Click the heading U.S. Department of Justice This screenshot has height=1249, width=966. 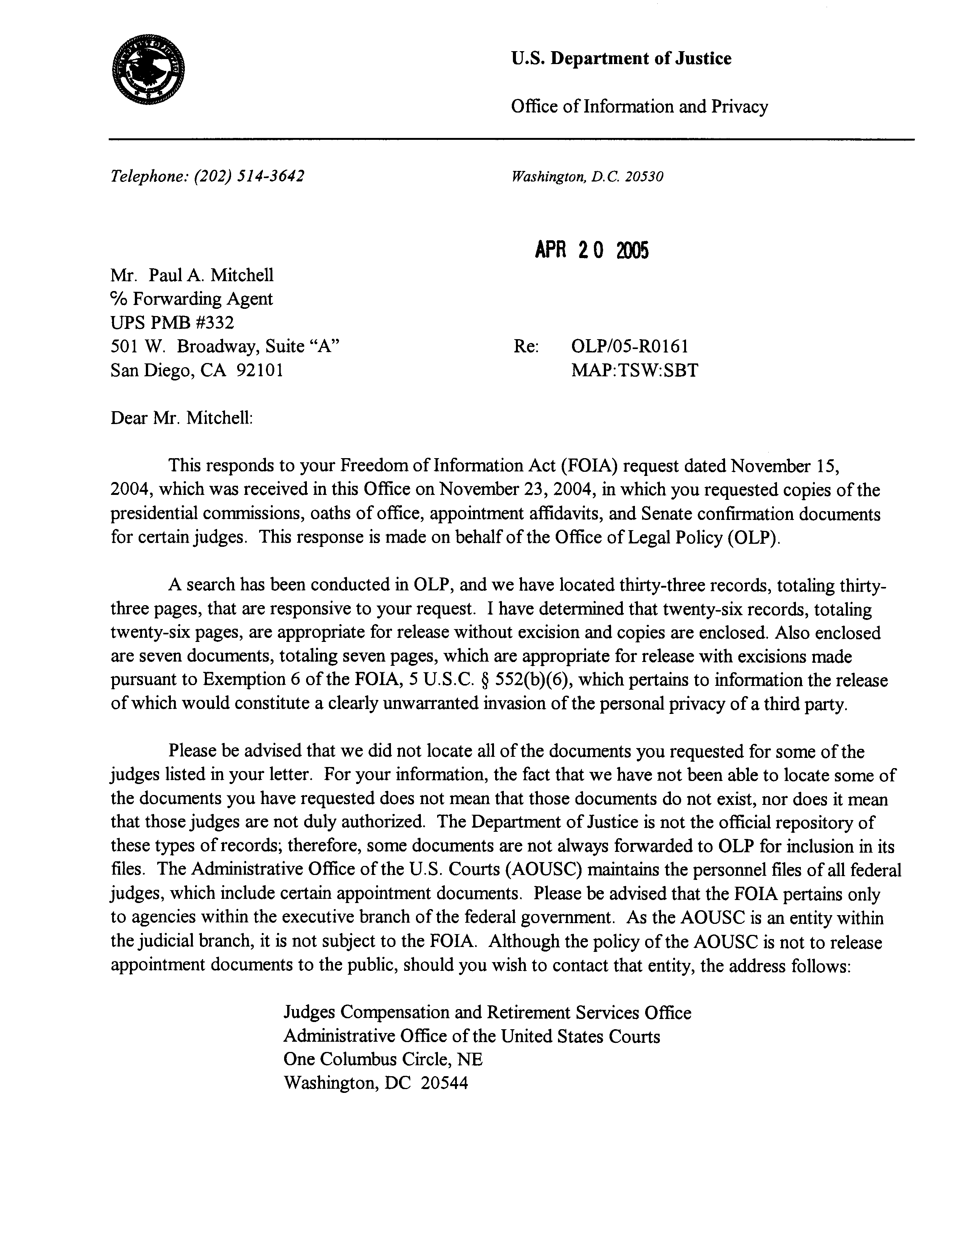pos(621,59)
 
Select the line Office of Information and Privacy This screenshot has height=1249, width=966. pos(639,107)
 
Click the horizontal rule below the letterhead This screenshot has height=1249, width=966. pos(511,139)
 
